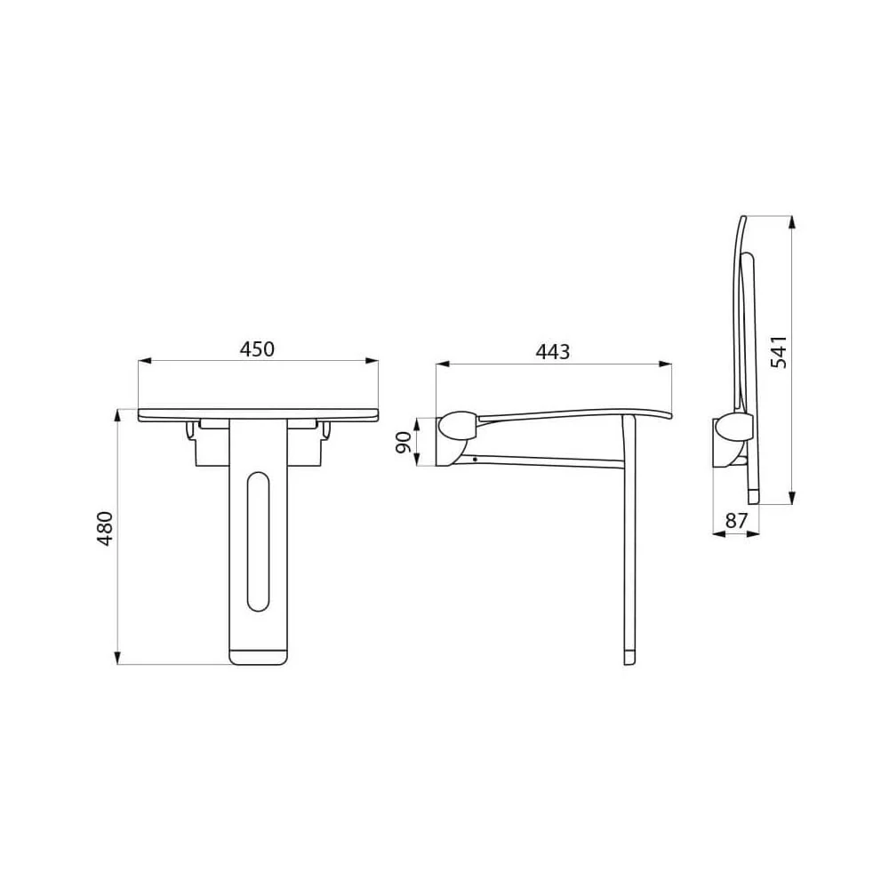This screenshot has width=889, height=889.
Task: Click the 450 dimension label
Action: (x=257, y=348)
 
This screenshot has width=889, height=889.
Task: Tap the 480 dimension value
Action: (x=105, y=528)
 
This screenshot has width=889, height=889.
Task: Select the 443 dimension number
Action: (x=553, y=352)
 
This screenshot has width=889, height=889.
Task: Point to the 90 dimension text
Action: (x=403, y=442)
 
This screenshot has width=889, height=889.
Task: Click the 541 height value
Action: (x=779, y=352)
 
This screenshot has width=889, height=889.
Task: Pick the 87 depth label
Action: (x=736, y=520)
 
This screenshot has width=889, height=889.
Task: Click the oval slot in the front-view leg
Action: (x=259, y=541)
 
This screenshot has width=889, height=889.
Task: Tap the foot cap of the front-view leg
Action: (x=259, y=656)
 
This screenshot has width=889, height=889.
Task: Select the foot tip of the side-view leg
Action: (x=629, y=658)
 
